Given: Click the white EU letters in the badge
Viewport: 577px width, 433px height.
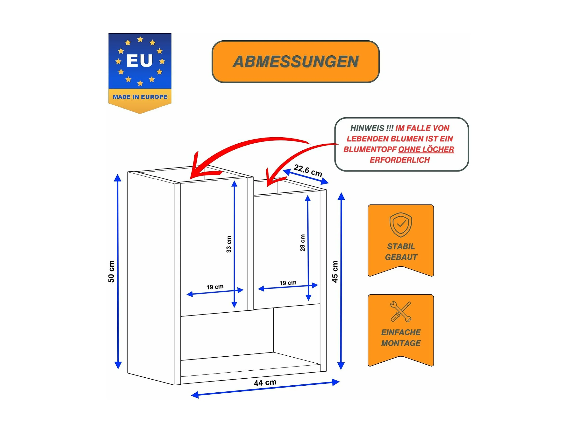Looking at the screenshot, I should click(x=140, y=61).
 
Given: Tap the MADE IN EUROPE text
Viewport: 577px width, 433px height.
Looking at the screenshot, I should click(x=140, y=97).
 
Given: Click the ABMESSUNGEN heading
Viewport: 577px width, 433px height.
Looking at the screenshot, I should click(x=296, y=62).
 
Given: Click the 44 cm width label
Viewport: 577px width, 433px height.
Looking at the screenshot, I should click(x=265, y=383).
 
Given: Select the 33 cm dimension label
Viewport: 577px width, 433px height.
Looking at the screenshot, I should click(x=229, y=244).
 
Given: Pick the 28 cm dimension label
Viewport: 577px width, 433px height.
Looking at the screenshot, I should click(x=303, y=243).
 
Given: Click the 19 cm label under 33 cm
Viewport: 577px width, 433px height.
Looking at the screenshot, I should click(x=215, y=287).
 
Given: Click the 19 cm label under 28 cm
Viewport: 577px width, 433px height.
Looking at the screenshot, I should click(x=288, y=283).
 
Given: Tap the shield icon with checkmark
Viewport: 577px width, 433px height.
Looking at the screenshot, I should click(x=401, y=225).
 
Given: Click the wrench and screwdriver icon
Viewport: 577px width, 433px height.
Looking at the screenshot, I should click(x=401, y=312).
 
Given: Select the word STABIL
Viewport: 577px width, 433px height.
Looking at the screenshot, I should click(x=401, y=246).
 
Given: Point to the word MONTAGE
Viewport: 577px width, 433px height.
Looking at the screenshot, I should click(x=401, y=343).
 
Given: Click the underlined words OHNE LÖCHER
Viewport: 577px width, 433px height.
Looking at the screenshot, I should click(x=426, y=149).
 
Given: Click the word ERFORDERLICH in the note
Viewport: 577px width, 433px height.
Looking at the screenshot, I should click(x=400, y=160).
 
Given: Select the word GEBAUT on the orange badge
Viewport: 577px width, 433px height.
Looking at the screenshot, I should click(x=401, y=257).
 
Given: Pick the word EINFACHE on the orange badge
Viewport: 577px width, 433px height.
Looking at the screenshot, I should click(x=401, y=332).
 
